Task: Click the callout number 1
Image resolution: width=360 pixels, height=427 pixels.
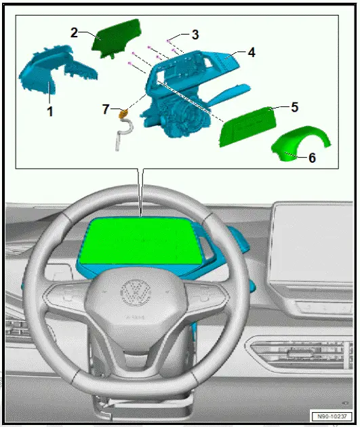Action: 50,110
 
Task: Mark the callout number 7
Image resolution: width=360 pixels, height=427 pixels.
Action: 104,109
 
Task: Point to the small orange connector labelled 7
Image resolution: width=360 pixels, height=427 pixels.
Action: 124,115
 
